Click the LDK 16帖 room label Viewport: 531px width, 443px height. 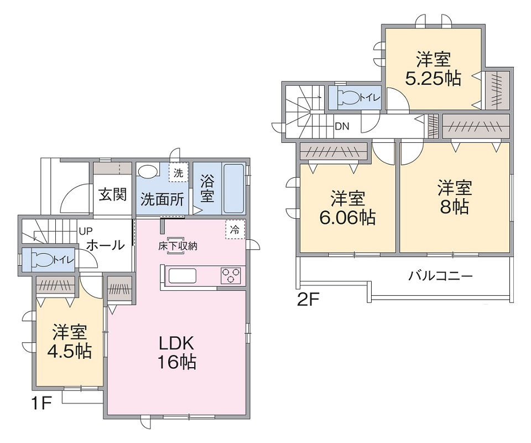pyautogui.click(x=177, y=353)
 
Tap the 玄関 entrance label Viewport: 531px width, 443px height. pyautogui.click(x=113, y=194)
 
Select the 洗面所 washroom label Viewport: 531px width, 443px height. pyautogui.click(x=162, y=199)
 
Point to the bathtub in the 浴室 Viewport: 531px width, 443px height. pyautogui.click(x=234, y=189)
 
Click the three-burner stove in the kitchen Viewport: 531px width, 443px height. pyautogui.click(x=231, y=275)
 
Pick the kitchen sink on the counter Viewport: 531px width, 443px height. pyautogui.click(x=182, y=275)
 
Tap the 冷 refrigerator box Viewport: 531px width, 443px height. pyautogui.click(x=235, y=230)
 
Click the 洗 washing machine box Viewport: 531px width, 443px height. pyautogui.click(x=178, y=173)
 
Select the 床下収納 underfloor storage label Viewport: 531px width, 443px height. pyautogui.click(x=178, y=246)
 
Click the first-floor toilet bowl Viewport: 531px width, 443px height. pyautogui.click(x=43, y=260)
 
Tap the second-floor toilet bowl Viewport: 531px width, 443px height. pyautogui.click(x=350, y=98)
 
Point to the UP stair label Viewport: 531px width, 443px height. pyautogui.click(x=85, y=231)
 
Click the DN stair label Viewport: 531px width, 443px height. pyautogui.click(x=342, y=126)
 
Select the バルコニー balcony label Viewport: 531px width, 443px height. pyautogui.click(x=440, y=276)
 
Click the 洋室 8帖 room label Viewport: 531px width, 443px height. pyautogui.click(x=455, y=197)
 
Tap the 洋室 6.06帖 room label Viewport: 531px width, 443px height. pyautogui.click(x=348, y=208)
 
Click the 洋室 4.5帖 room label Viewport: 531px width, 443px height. pyautogui.click(x=70, y=342)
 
